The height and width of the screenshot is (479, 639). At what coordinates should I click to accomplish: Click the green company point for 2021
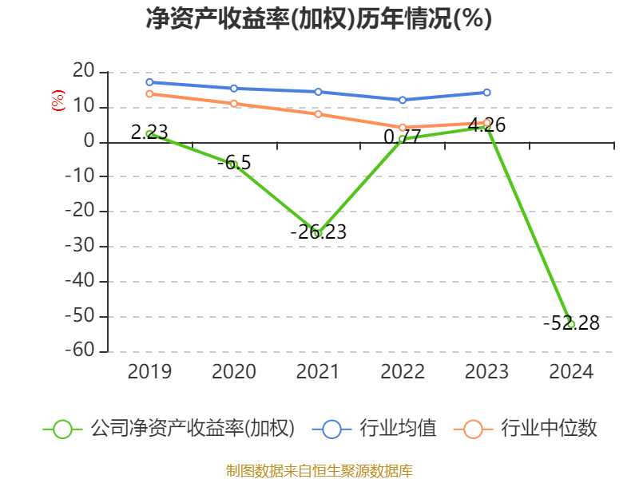[318, 233]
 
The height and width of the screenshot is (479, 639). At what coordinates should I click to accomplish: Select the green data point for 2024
[571, 324]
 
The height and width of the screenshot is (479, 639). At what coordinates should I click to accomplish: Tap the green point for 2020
[233, 164]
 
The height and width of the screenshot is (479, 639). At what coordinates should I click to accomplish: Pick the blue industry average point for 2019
[149, 82]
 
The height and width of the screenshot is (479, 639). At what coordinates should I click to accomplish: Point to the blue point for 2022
[403, 100]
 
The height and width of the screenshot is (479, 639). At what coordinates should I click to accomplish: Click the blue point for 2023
[487, 93]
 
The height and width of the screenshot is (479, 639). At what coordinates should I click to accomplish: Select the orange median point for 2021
[318, 113]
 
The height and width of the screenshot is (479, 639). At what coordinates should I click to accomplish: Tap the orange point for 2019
[149, 94]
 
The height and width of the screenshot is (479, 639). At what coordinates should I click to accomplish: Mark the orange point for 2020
[233, 104]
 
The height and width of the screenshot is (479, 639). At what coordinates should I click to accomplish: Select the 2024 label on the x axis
[571, 372]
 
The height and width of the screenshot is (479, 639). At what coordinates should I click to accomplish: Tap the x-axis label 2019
[149, 372]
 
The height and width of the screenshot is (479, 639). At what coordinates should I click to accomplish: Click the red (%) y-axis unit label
[58, 101]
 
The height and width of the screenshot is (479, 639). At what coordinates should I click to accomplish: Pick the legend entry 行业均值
[398, 429]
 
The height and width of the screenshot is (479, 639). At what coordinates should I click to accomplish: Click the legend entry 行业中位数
[549, 429]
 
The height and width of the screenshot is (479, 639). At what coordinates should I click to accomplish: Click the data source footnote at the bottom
[319, 470]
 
